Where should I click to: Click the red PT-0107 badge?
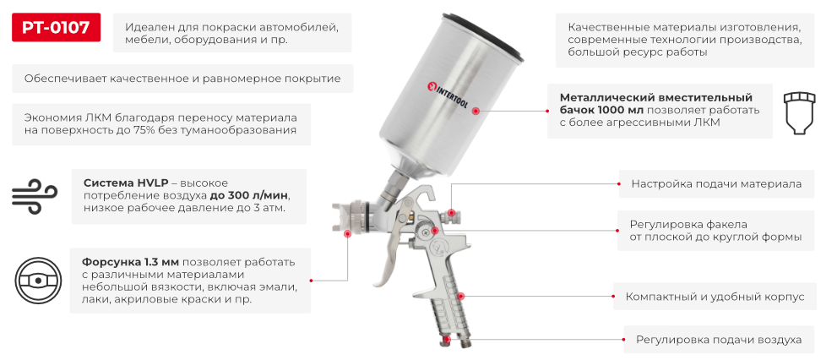coord(56,28)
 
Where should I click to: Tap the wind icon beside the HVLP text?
coord(35,194)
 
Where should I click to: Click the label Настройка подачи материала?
coord(716,183)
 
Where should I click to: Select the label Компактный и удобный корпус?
coord(715,297)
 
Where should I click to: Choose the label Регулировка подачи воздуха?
coord(719,340)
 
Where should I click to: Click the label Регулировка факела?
coord(688,224)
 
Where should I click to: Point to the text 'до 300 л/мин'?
coord(248,194)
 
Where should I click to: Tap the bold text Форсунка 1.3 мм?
coord(130,261)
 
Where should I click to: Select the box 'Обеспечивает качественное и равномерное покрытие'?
coord(182,79)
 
